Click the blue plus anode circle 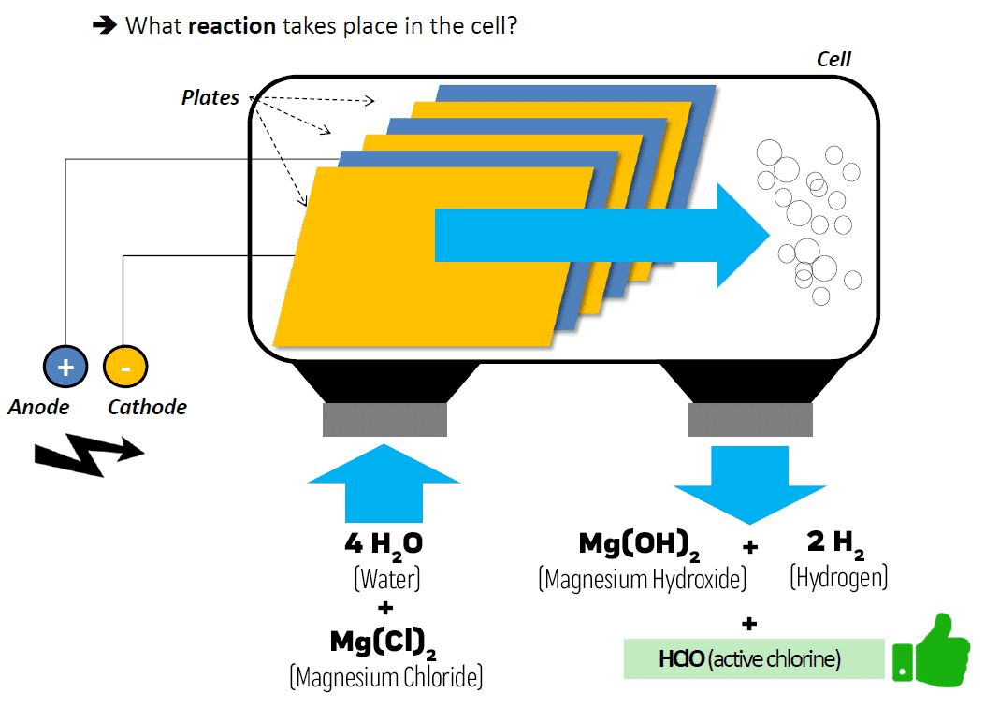(65, 367)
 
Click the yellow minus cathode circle (125, 367)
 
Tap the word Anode (38, 407)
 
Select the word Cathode (147, 407)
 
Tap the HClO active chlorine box (753, 659)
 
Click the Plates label (210, 97)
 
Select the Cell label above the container (833, 59)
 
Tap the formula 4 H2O (385, 545)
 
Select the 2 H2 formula (835, 542)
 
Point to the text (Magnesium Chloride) (385, 676)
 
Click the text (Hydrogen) (838, 578)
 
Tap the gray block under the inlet (384, 420)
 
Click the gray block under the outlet (750, 420)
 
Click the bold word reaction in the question (232, 25)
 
